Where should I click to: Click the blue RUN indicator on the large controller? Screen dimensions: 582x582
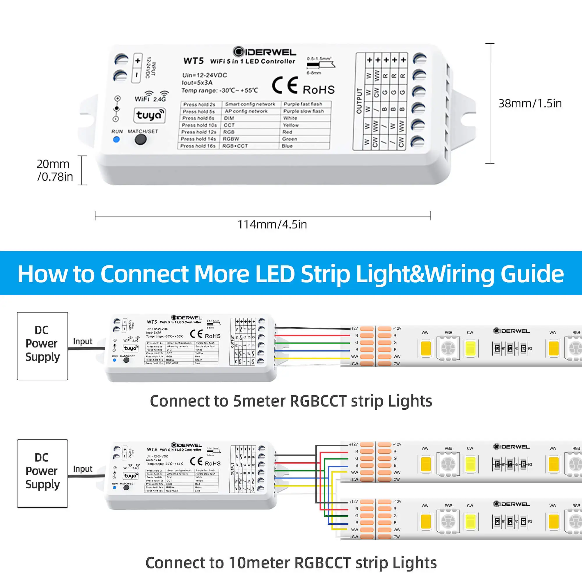116,139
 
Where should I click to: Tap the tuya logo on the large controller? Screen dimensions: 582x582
149,115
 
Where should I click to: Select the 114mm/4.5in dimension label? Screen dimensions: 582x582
272,224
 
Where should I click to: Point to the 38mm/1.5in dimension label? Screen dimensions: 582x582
530,103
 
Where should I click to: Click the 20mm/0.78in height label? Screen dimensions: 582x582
54,170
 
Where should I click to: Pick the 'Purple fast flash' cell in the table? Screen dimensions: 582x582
303,104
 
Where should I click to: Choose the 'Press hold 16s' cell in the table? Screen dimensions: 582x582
198,146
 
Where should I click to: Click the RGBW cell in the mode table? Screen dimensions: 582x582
231,139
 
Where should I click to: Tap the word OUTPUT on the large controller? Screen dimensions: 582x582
359,101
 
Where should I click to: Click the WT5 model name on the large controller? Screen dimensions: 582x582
194,61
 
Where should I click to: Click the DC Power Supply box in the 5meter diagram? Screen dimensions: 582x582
42,346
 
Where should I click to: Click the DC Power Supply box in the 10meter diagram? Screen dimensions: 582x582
42,473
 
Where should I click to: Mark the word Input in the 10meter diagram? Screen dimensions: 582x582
83,469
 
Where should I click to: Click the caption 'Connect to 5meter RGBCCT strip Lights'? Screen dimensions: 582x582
291,401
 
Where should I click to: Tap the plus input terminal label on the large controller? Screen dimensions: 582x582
137,61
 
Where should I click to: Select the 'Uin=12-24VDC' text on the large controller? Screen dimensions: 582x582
205,75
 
